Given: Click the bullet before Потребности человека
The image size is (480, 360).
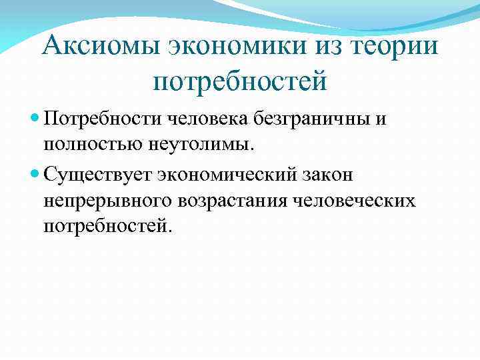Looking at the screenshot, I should pyautogui.click(x=36, y=119).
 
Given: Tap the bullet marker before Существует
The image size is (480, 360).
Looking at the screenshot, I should pyautogui.click(x=36, y=175).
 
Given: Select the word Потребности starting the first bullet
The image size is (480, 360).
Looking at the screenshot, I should pyautogui.click(x=95, y=119).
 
